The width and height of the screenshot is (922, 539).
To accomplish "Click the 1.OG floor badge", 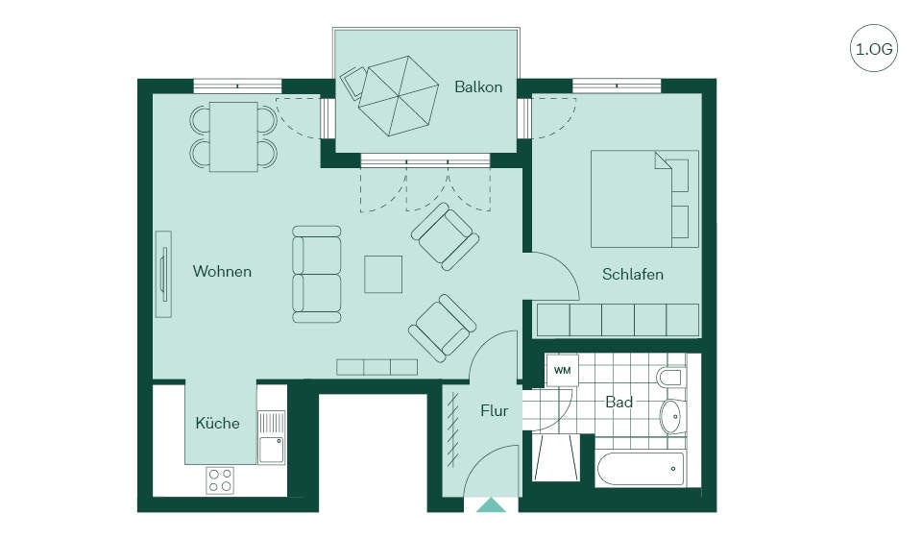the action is (x=874, y=48).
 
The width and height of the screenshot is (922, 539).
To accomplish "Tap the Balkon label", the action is (x=478, y=87).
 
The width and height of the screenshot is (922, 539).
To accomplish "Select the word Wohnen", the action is (x=222, y=271).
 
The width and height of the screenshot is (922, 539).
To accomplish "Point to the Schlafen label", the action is (x=633, y=274).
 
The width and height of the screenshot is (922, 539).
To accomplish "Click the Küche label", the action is (x=217, y=423).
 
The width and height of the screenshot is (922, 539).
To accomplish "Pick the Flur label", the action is (x=494, y=410).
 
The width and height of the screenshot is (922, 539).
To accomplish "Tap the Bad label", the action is (x=619, y=403).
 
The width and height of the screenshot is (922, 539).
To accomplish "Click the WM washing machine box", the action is (x=562, y=371).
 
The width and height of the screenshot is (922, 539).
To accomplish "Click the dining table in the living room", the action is (x=233, y=136).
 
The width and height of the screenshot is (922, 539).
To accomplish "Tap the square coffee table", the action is (x=383, y=274).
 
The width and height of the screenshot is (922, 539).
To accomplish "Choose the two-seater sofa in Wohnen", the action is (x=316, y=274).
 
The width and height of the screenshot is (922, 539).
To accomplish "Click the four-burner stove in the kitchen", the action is (x=220, y=480).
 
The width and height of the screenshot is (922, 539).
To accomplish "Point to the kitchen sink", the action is (x=272, y=436).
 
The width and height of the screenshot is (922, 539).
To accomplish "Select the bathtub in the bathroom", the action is (x=641, y=469).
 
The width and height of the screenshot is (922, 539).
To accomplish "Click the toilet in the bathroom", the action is (x=671, y=378).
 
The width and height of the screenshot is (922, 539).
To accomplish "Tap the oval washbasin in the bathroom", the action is (x=671, y=416).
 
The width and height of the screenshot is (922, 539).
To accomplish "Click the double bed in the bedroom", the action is (x=644, y=199).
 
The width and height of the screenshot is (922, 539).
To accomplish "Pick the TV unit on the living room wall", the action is (x=163, y=274).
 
